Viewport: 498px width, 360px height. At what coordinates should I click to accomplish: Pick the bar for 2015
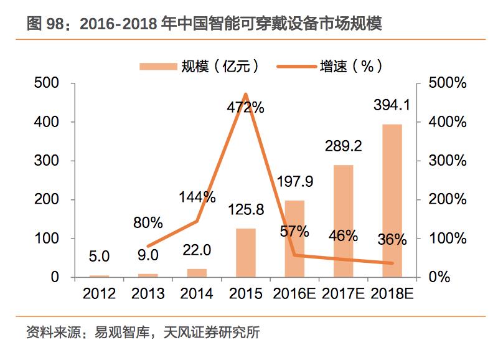(245, 252)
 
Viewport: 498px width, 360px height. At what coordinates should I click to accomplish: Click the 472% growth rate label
(245, 107)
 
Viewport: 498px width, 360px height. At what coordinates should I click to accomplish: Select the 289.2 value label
(343, 146)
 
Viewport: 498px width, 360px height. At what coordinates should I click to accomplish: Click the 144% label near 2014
(197, 197)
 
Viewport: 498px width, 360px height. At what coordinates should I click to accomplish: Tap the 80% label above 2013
(148, 222)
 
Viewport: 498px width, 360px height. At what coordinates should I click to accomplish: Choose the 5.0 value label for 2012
(99, 255)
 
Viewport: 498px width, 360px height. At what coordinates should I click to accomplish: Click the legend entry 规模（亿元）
(199, 65)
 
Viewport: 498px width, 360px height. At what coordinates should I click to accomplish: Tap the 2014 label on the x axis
(197, 293)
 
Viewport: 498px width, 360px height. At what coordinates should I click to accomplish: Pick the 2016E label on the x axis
(294, 293)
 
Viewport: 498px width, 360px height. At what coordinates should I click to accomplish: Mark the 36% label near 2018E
(392, 240)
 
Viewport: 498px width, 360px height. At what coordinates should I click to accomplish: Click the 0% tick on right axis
(439, 277)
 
